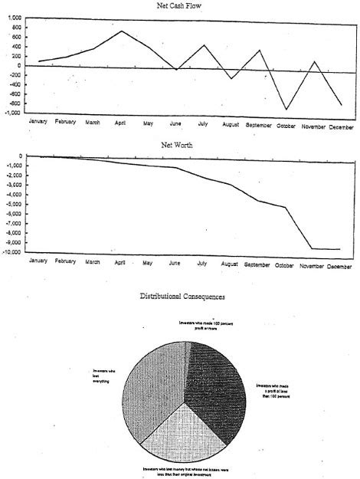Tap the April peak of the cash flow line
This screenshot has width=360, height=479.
click(122, 31)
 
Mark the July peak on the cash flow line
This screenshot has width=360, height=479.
click(205, 45)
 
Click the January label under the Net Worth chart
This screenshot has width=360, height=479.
click(38, 261)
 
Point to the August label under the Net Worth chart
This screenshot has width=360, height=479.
click(229, 264)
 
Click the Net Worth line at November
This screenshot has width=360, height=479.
click(313, 248)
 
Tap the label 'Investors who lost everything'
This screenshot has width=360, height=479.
click(102, 376)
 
